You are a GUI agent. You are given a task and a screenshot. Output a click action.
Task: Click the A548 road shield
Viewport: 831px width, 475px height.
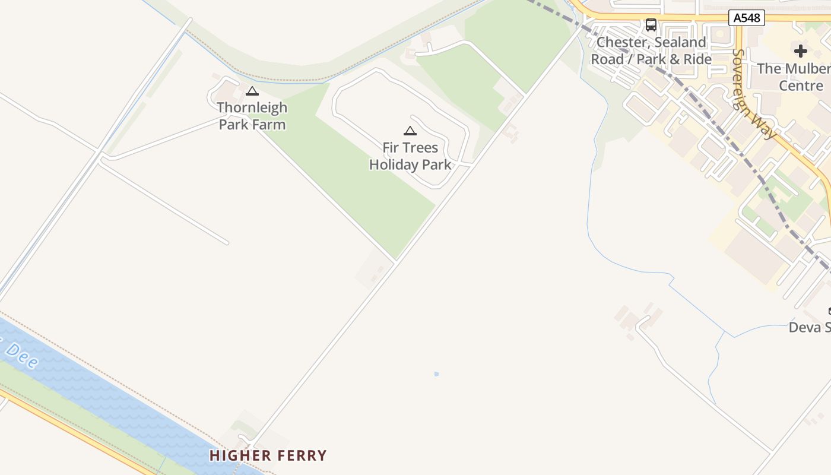coord(746,18)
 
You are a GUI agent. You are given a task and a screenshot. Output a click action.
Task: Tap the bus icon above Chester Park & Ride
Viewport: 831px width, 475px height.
coord(651,25)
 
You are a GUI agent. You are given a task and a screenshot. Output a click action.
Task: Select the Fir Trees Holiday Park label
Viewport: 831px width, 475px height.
coord(410,156)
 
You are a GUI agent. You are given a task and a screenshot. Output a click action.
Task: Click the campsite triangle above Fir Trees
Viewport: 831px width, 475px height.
coord(410,131)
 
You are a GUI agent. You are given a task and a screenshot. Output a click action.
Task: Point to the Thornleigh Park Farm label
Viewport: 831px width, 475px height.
coord(252,116)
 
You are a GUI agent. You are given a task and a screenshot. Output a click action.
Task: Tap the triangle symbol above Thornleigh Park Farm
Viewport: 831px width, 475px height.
coord(252,91)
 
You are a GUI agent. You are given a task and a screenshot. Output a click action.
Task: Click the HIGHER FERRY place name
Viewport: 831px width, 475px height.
coord(268,456)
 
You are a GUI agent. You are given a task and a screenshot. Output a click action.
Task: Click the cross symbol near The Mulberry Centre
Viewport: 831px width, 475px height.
coord(801,51)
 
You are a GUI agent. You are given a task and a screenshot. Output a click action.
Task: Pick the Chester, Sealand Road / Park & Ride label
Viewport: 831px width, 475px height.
coord(651,51)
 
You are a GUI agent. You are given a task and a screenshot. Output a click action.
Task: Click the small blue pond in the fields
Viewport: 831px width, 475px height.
coord(436,374)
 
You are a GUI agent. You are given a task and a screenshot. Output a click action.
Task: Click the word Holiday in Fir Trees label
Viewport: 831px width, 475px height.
coord(393,164)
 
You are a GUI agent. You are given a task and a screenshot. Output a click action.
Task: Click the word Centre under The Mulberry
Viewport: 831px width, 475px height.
coord(801,85)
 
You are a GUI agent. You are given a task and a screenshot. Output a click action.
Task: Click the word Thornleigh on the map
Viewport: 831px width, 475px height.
coord(252,107)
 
